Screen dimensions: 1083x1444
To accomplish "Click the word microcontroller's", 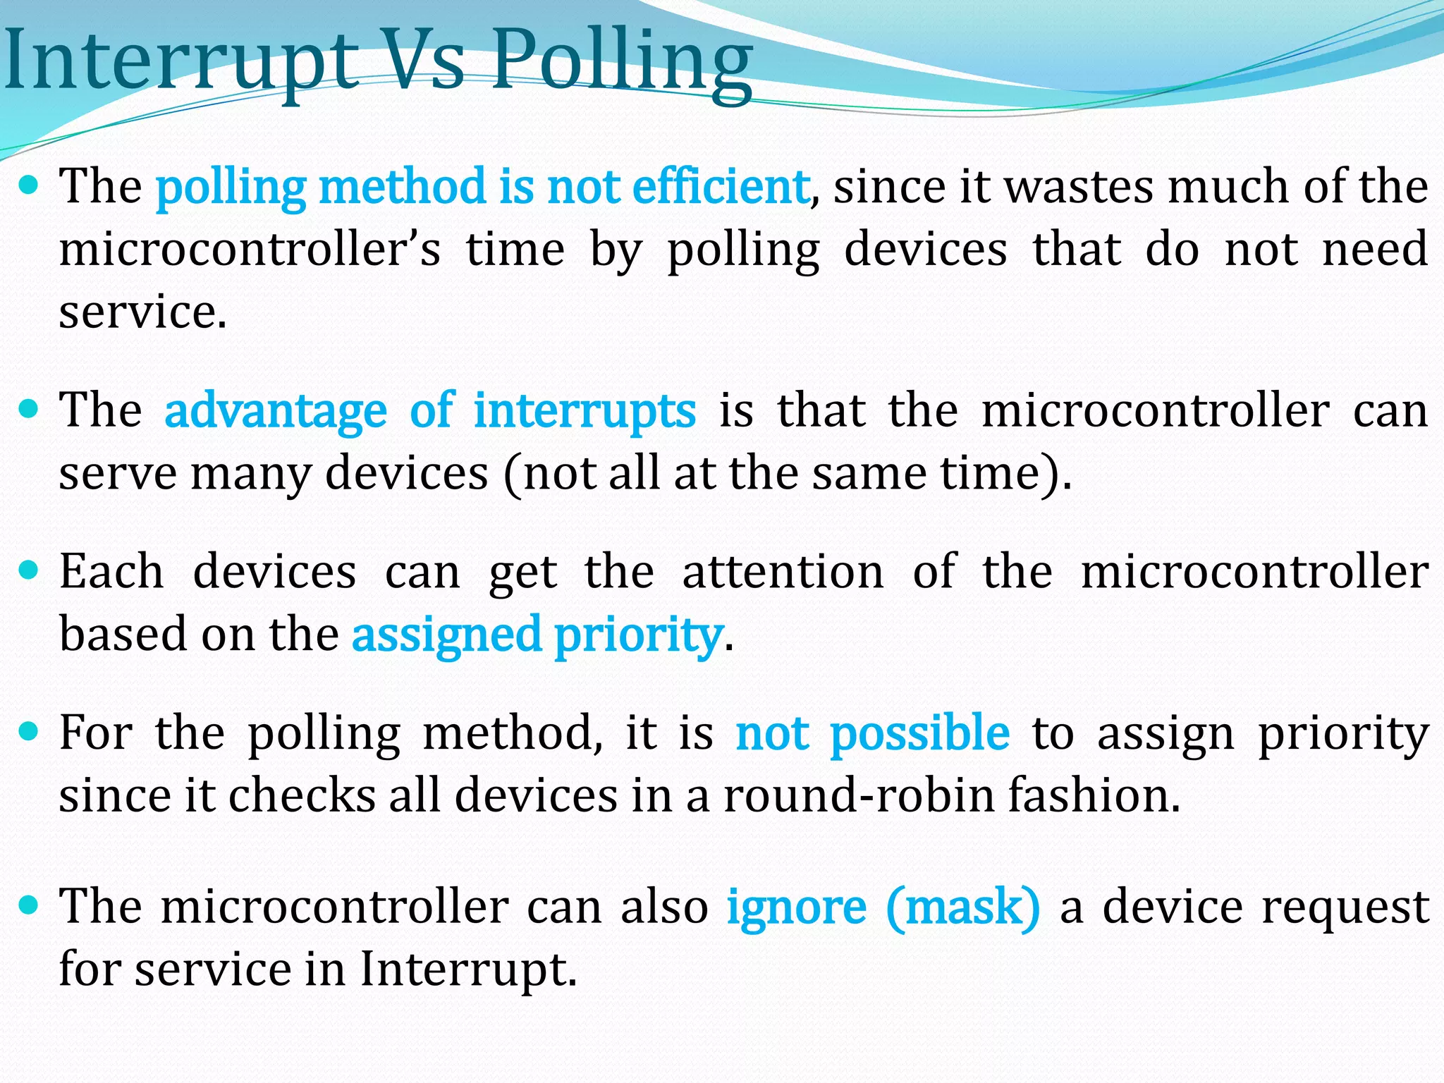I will click(250, 250).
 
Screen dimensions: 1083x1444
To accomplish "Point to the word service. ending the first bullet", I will click(142, 312).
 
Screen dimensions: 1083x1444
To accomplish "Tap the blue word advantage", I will click(276, 411).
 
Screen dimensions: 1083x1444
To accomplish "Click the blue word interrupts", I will click(585, 411).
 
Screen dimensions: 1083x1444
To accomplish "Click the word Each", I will click(111, 571).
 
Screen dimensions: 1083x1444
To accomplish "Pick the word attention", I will click(783, 571).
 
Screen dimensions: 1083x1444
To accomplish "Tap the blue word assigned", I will click(446, 635).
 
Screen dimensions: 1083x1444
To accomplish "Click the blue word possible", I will click(919, 733).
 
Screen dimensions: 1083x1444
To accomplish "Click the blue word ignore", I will click(796, 907).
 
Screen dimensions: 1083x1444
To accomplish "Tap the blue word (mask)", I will click(963, 907).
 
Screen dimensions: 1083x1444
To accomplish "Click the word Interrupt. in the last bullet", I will click(468, 969).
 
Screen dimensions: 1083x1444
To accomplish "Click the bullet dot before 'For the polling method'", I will click(29, 732).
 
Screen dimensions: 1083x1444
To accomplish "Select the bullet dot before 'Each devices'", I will click(29, 570).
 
